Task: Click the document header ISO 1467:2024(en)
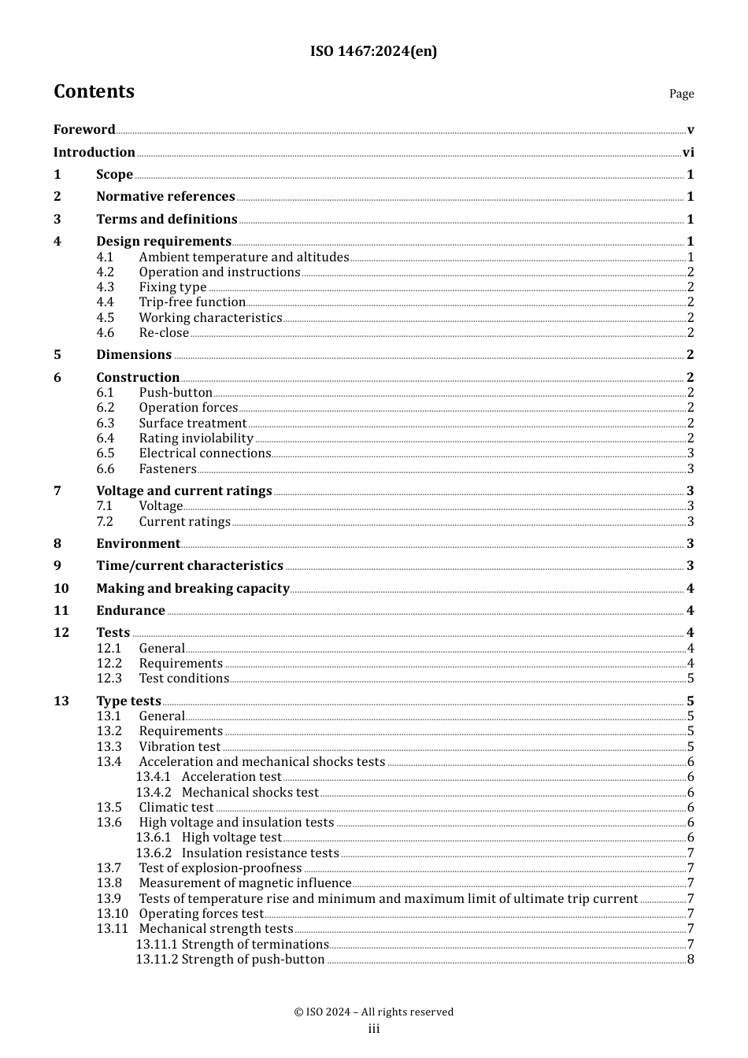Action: point(373,52)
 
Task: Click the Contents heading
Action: point(94,92)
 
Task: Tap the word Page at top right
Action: point(681,94)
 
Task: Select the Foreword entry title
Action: point(84,130)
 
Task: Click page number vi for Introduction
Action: point(688,153)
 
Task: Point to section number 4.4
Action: point(106,302)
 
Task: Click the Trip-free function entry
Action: point(192,302)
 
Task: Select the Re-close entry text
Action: point(164,333)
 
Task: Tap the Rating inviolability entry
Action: point(196,438)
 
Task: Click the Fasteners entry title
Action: point(168,469)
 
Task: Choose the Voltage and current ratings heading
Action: point(184,491)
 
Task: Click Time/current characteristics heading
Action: point(190,566)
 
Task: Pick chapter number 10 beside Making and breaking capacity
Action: point(61,589)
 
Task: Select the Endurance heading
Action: point(131,611)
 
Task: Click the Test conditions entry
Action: point(184,679)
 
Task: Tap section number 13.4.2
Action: point(153,793)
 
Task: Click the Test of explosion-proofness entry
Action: point(220,868)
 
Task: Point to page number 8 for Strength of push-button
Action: point(691,960)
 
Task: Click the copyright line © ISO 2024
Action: point(373,1012)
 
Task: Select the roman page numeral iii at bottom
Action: point(374,1030)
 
